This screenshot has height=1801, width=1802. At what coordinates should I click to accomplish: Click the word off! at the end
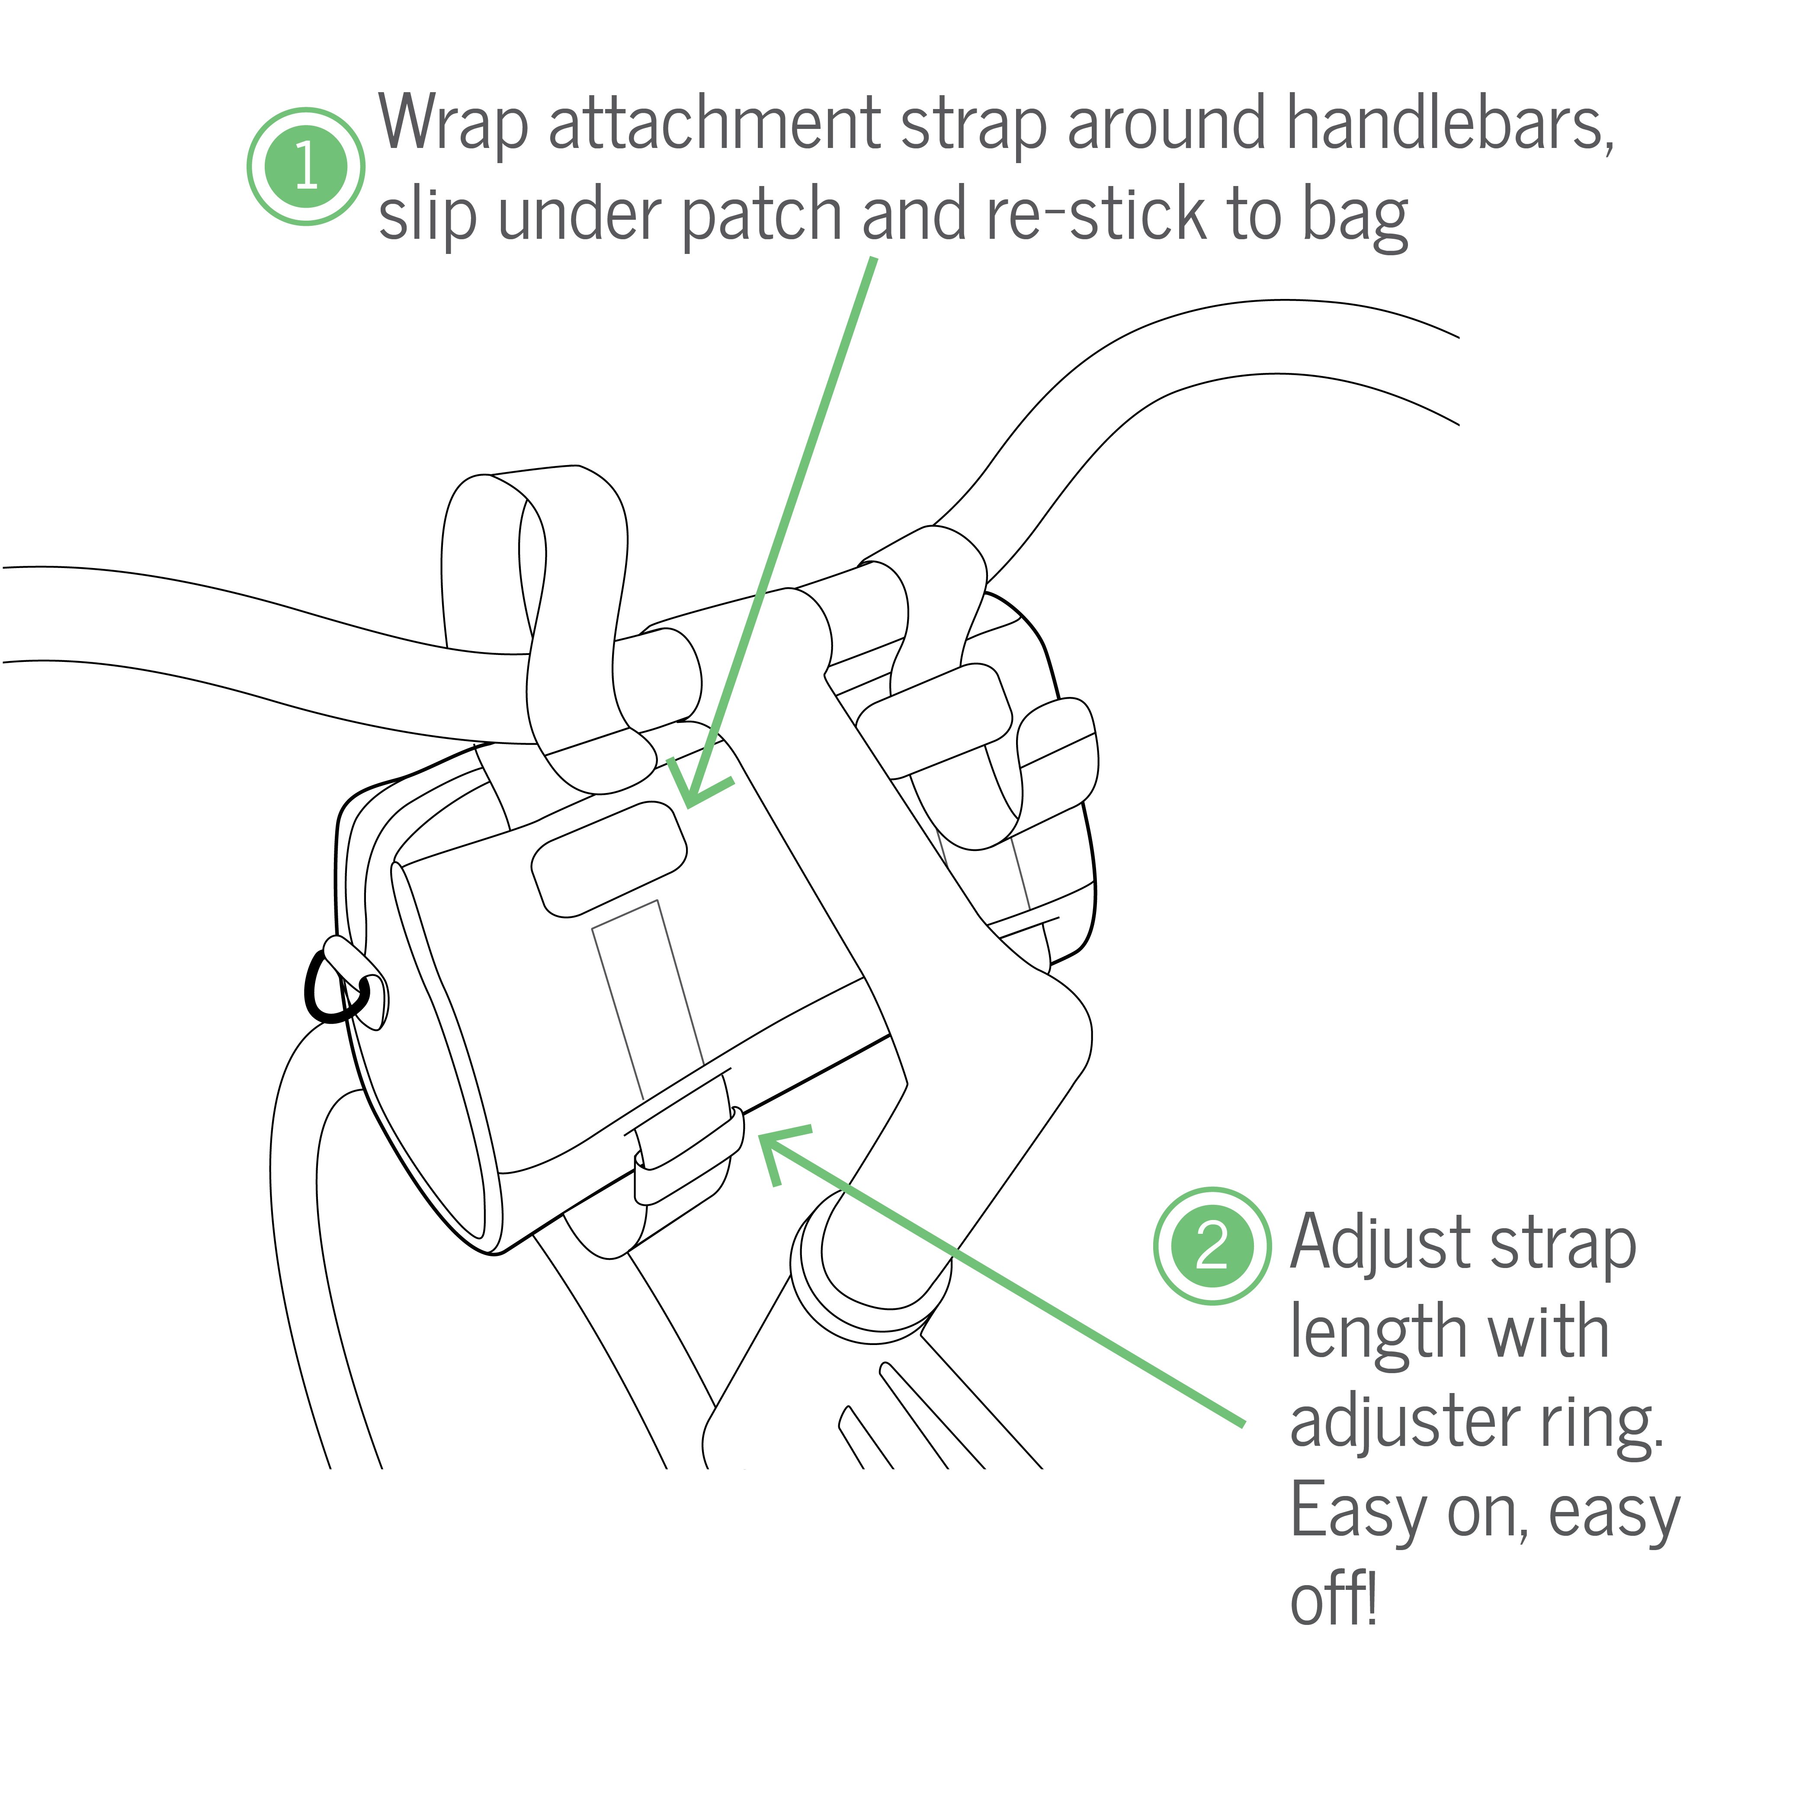click(1334, 1599)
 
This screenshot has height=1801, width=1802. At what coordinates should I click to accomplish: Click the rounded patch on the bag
click(608, 858)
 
